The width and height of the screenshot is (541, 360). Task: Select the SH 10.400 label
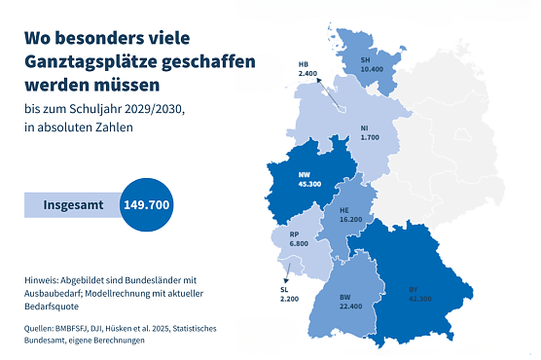371,64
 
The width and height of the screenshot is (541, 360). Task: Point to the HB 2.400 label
307,68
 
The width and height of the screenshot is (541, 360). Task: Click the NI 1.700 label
370,132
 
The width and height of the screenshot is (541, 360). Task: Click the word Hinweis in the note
44,280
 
